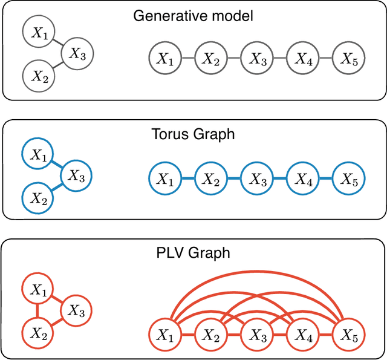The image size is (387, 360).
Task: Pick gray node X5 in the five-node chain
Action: (349, 59)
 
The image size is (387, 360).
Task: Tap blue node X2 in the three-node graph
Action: (38, 197)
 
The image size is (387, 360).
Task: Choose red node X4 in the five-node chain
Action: (303, 334)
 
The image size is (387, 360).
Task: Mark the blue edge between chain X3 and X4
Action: (280, 178)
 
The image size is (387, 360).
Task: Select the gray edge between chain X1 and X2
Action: (188, 59)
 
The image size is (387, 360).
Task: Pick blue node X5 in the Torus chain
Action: (349, 178)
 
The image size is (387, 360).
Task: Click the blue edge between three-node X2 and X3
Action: (58, 186)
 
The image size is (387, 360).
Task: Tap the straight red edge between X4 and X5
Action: (326, 334)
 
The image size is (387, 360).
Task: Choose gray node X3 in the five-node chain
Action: (257, 59)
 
